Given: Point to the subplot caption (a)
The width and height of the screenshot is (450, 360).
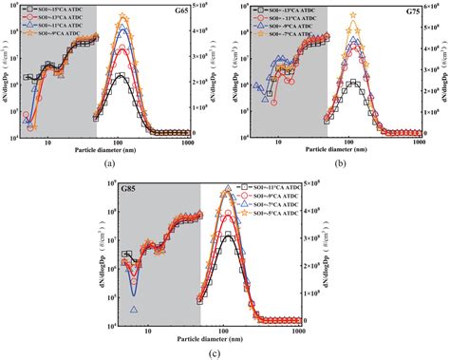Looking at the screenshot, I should pos(111,164).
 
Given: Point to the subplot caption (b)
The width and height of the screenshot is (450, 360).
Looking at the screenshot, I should pos(340,163).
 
